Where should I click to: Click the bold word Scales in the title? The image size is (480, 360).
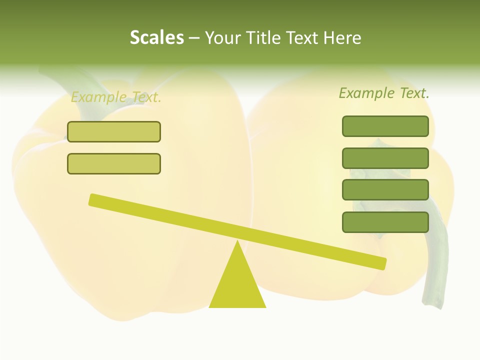click(156, 38)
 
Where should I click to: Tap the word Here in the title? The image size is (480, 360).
click(342, 38)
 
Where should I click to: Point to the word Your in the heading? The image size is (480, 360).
click(223, 38)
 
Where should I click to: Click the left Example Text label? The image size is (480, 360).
click(116, 97)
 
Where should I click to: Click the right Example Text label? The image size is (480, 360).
click(384, 93)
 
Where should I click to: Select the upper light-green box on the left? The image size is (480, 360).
click(114, 132)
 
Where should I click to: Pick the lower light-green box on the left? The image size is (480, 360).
click(114, 164)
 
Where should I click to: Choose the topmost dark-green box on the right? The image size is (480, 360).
click(385, 126)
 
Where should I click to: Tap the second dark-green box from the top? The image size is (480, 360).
click(385, 158)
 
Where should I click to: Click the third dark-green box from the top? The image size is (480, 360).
click(385, 190)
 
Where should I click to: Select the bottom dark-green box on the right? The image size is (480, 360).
click(385, 222)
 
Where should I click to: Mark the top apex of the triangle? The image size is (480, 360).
click(238, 242)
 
